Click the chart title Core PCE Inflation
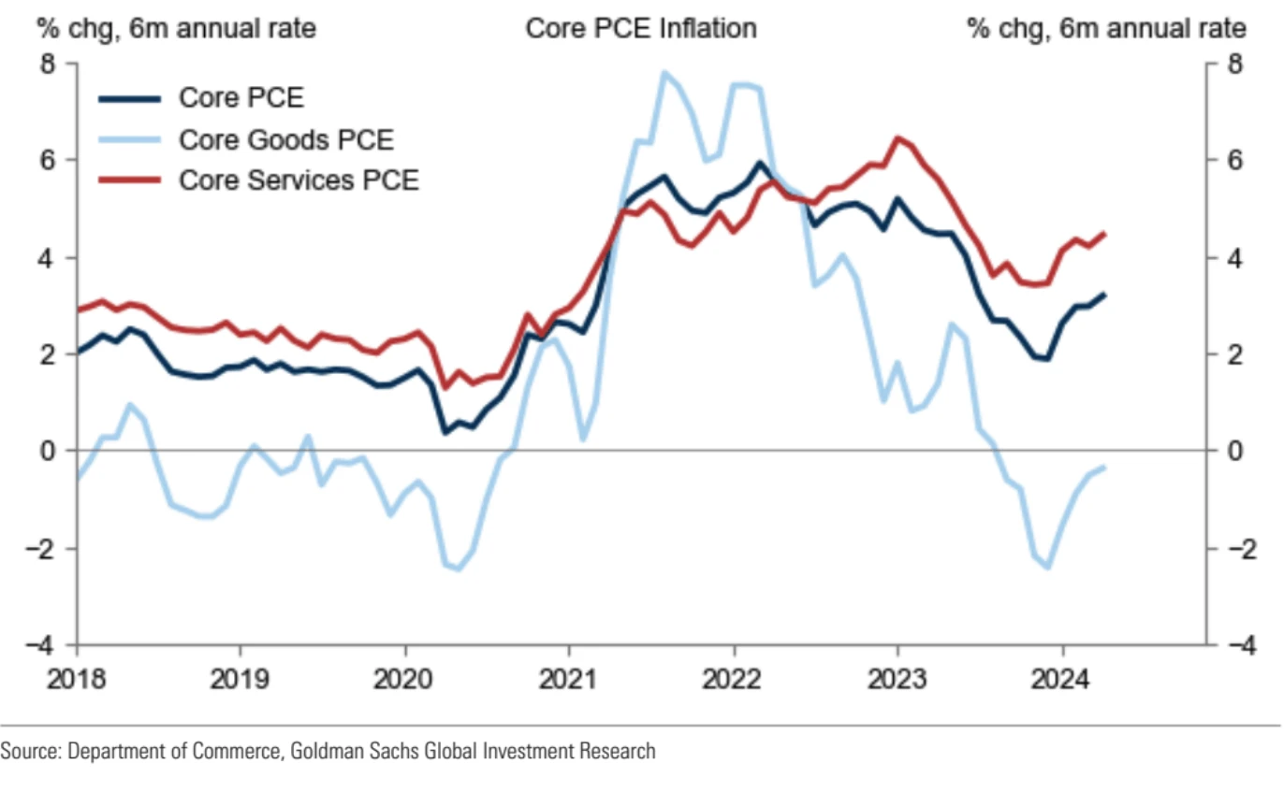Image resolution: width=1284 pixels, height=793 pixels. coord(640,29)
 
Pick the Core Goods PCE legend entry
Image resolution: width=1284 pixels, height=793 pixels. coord(285,139)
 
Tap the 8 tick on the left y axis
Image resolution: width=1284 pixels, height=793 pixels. coord(48,64)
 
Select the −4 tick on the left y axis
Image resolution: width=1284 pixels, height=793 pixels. coord(43,645)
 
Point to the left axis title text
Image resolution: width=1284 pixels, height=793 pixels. coord(175,29)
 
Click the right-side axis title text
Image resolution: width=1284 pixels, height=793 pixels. coord(1106,29)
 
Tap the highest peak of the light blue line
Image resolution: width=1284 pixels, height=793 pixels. coord(664,72)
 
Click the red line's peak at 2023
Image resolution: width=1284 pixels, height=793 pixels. coord(897,138)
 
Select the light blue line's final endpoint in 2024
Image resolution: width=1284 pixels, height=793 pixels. coord(1104,467)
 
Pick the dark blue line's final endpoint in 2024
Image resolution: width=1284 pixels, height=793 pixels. coord(1104,295)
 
